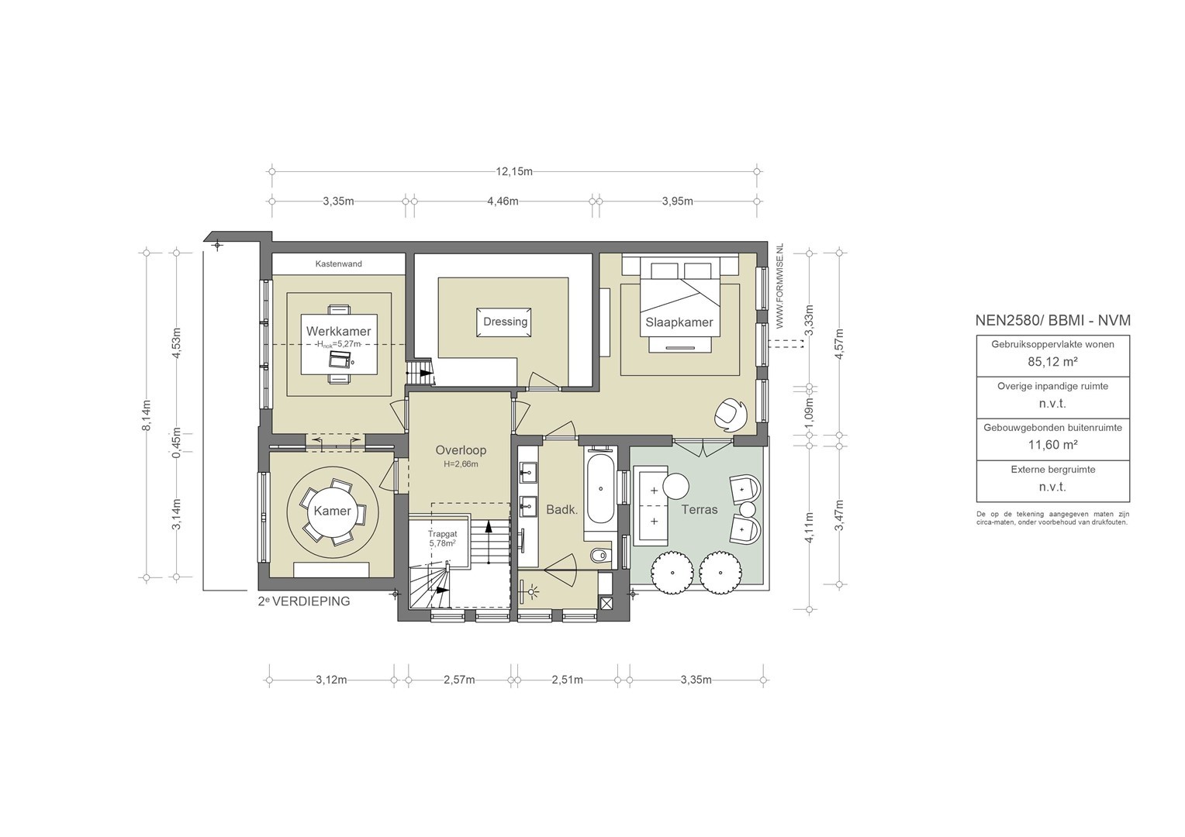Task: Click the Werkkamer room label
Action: point(339,332)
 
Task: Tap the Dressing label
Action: point(505,322)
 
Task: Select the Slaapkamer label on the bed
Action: point(679,322)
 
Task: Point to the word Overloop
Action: point(461,450)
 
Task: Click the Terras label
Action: point(700,509)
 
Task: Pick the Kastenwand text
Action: point(339,263)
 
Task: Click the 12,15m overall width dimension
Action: point(514,171)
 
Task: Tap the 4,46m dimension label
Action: point(503,201)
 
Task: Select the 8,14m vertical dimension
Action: point(147,415)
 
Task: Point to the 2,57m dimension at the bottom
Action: point(459,680)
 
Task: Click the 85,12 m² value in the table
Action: point(1052,362)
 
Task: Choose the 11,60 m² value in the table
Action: point(1052,445)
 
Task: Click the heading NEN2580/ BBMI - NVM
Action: point(1052,320)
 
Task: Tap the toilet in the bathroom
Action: point(600,555)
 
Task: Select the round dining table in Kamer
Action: point(332,510)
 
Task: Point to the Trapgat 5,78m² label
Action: point(442,539)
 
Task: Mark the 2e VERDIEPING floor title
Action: point(304,601)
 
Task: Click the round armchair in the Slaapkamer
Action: point(731,415)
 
